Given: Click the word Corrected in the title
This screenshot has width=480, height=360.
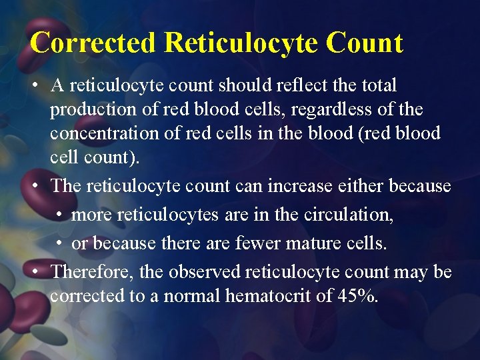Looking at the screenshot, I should coord(93,43).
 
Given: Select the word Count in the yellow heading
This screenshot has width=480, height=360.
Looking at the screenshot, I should coord(365,43).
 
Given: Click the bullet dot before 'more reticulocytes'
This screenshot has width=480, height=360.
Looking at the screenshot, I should coord(60,215).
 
